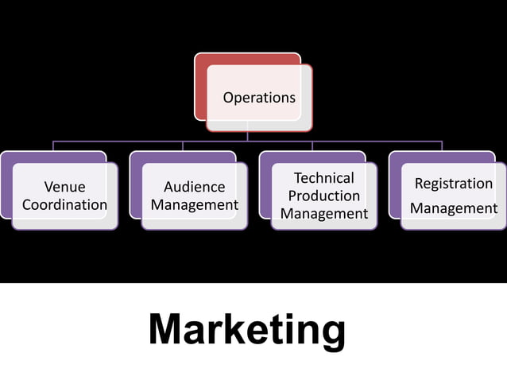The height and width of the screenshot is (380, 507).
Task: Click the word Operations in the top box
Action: point(259,98)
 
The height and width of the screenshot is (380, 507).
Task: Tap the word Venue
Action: point(64,188)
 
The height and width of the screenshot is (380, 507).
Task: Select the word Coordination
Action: point(64,205)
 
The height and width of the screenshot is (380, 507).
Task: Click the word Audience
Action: point(194,188)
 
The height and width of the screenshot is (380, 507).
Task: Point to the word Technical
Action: point(324,178)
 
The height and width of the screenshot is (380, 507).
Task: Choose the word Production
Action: point(324,196)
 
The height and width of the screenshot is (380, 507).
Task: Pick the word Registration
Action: point(454,184)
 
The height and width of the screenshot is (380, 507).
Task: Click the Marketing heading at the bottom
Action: point(247,329)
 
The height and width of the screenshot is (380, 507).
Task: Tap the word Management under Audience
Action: point(195,205)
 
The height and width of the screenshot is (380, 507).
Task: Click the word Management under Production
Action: point(324,213)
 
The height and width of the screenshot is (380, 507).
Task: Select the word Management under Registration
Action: point(454,208)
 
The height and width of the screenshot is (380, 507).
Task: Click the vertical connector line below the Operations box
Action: point(247,136)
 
